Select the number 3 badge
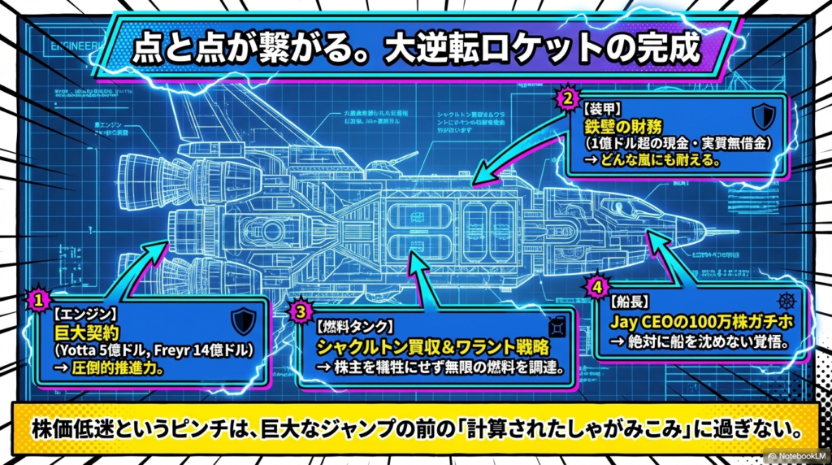[301, 310]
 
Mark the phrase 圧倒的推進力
[117, 367]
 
